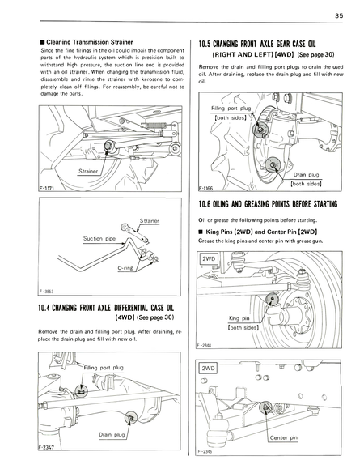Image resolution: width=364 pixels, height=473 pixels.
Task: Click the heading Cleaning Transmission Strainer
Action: click(x=78, y=40)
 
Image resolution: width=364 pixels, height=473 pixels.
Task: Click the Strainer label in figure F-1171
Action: click(x=90, y=172)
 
